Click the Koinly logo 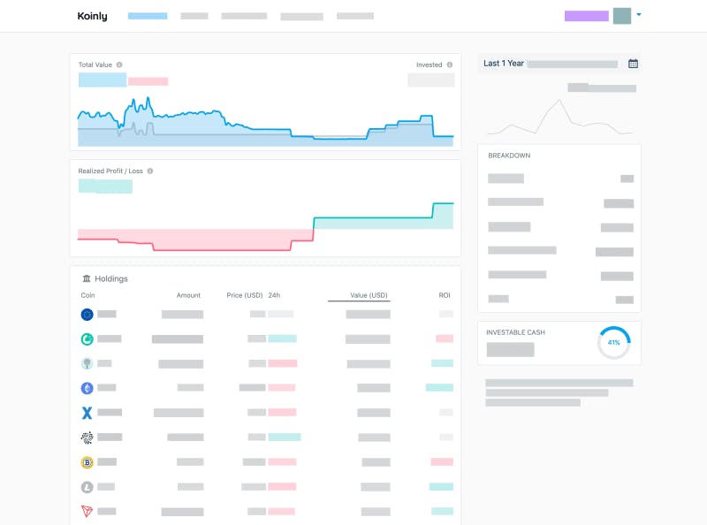point(93,16)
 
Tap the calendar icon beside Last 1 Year point(633,64)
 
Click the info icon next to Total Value point(119,65)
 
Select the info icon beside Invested point(450,65)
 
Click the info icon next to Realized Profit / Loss point(150,171)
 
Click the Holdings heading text point(111,278)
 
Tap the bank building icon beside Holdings point(87,278)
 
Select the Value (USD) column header point(369,295)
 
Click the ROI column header point(445,295)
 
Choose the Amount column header point(188,295)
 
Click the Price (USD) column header point(245,295)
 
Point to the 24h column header point(274,295)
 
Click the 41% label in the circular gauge point(613,343)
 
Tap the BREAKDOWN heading point(509,156)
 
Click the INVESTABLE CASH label point(515,332)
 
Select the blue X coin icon point(87,413)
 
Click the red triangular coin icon point(87,511)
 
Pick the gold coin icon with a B point(87,462)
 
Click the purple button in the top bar point(587,16)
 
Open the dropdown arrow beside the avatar point(638,15)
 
